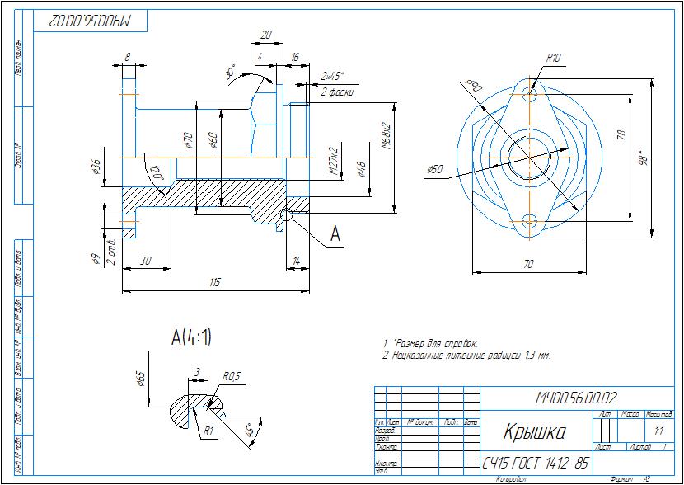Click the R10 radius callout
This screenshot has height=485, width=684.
(x=553, y=58)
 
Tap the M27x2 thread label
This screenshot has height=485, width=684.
(x=335, y=162)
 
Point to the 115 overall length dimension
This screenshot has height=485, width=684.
(x=214, y=282)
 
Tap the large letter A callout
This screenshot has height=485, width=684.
(x=335, y=234)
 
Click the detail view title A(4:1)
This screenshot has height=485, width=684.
(x=191, y=337)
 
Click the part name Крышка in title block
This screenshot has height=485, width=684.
(x=533, y=433)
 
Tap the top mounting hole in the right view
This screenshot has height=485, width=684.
(x=530, y=95)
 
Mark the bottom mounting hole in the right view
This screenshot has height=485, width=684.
(x=530, y=221)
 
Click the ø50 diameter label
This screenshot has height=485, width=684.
(x=435, y=169)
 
